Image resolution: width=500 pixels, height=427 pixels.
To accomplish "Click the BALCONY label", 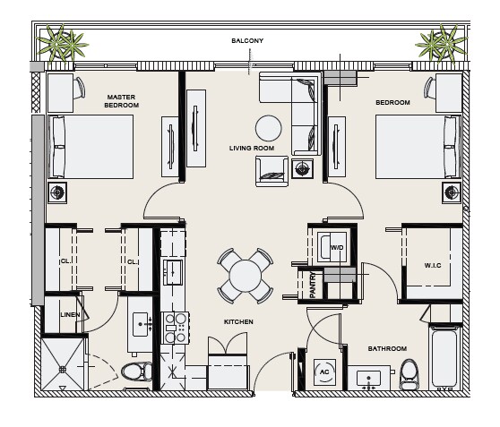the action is (x=247, y=41).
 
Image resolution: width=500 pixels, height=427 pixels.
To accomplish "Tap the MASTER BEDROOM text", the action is (x=122, y=101).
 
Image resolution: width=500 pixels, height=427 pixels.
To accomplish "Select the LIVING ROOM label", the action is (x=252, y=149).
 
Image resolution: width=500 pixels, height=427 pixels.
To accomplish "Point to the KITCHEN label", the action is (x=238, y=322).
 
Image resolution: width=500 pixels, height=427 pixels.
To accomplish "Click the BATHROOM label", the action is (x=387, y=348).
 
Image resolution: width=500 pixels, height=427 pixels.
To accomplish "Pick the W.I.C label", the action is (x=433, y=266).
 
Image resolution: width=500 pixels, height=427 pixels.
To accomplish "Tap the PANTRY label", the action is (x=313, y=285).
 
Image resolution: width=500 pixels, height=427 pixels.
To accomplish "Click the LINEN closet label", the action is (x=70, y=315).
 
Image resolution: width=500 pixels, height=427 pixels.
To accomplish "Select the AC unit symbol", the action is (x=324, y=371).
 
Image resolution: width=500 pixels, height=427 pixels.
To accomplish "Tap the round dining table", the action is (x=246, y=276).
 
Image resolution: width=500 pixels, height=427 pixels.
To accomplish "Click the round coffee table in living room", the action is (x=269, y=128).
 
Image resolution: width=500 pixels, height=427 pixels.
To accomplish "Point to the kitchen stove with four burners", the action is (x=175, y=328).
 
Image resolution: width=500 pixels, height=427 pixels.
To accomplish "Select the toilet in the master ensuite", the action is (x=137, y=371).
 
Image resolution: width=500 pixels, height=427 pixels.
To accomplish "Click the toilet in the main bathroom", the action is (x=409, y=374).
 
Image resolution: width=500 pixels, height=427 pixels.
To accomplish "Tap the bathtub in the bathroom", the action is (x=444, y=358).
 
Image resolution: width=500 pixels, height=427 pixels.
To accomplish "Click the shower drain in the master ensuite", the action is (x=63, y=370).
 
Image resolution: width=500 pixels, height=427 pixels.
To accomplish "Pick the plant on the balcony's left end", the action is (x=62, y=44).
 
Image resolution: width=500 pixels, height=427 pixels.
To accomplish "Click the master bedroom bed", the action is (x=91, y=147).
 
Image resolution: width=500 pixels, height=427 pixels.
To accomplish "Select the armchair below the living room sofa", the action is (x=272, y=171).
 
